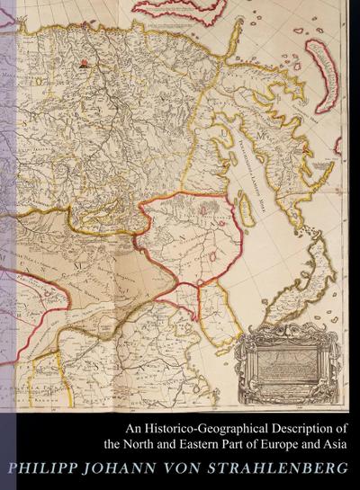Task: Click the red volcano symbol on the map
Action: click(x=84, y=64)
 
